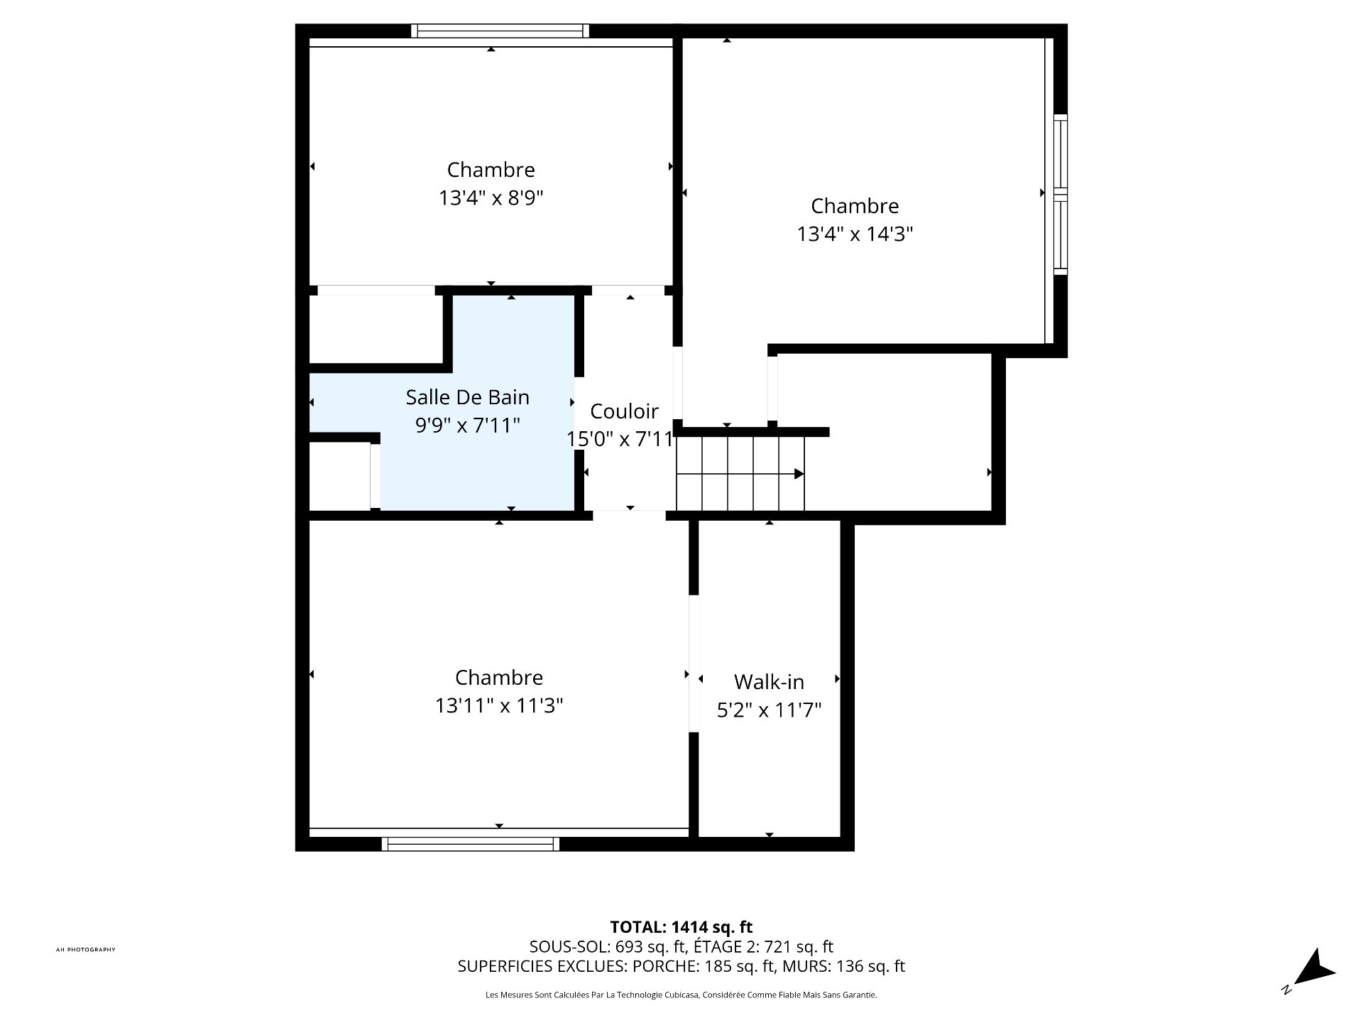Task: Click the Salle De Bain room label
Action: (x=467, y=397)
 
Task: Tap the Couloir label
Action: (x=624, y=411)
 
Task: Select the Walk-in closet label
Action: (x=769, y=682)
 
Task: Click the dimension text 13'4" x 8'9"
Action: (x=491, y=197)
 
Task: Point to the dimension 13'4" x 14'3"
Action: (x=855, y=234)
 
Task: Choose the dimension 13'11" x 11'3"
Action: (x=499, y=705)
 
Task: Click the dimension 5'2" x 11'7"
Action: (x=769, y=710)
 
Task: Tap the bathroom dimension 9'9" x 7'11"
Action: (x=467, y=426)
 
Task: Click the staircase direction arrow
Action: (x=798, y=474)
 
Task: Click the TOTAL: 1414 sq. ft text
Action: (x=681, y=927)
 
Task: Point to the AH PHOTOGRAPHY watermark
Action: (x=85, y=950)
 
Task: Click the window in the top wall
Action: (x=500, y=31)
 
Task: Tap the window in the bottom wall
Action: (x=470, y=844)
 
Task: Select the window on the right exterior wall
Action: (x=1060, y=194)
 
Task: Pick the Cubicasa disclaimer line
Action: (x=681, y=995)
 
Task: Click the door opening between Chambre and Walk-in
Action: (x=694, y=663)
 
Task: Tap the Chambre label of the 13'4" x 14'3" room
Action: (x=855, y=206)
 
